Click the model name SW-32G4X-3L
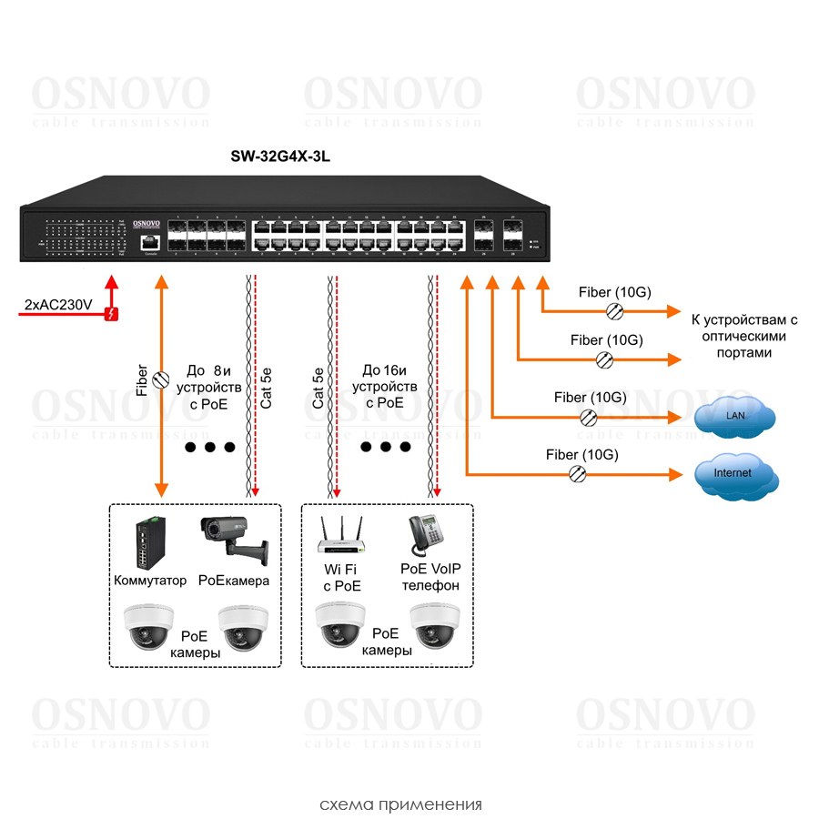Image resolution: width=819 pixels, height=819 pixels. pos(279,157)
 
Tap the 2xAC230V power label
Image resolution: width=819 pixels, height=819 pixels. pos(56,305)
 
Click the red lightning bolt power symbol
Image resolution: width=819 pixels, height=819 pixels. pos(112,315)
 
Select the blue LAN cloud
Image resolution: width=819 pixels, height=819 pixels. pos(734,416)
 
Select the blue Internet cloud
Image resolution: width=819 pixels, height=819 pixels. pos(733,473)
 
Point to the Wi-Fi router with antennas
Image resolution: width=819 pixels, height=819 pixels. pos(339,536)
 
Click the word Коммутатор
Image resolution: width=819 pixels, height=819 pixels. pos(150,580)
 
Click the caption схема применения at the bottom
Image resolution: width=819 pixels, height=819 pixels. pos(400,804)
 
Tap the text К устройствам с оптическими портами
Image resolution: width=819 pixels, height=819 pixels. pos(744,336)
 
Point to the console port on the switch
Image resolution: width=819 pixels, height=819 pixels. pos(148,242)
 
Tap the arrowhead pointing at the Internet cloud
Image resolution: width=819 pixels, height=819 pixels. pos(675,474)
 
